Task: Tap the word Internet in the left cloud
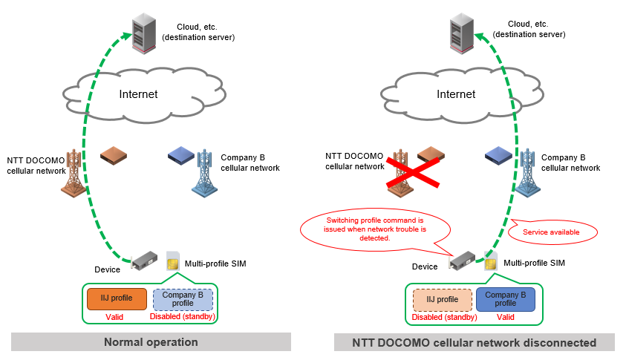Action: click(139, 94)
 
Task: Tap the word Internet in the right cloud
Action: click(456, 94)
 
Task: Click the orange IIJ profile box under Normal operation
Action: click(117, 299)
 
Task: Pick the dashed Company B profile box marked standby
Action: click(183, 299)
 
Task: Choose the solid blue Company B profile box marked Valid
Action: click(505, 299)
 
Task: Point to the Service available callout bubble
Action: click(551, 232)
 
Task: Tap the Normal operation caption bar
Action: click(151, 342)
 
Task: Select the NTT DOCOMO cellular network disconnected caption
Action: click(474, 342)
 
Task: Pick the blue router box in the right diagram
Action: click(498, 155)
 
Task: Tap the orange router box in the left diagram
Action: click(114, 155)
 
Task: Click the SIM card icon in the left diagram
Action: click(173, 261)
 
